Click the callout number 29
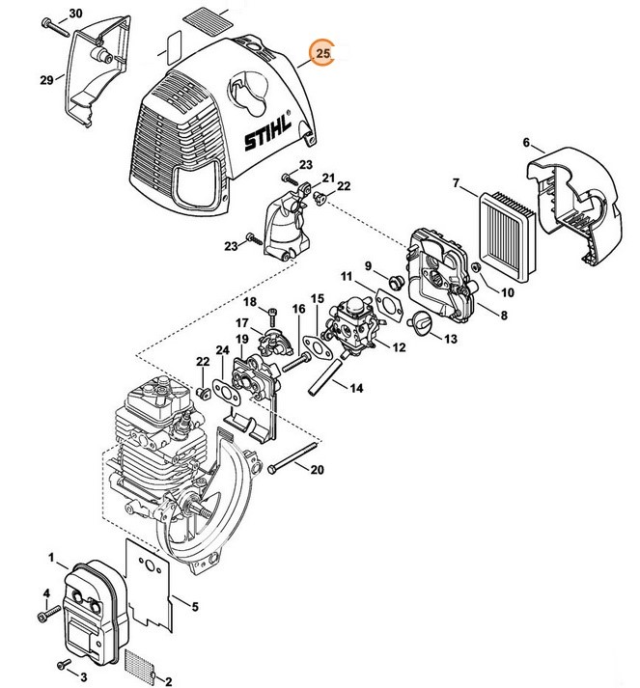pos(45,80)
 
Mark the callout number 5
pos(196,606)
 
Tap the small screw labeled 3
pos(65,664)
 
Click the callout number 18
pos(251,303)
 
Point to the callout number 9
pos(368,265)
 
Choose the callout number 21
pos(327,179)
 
